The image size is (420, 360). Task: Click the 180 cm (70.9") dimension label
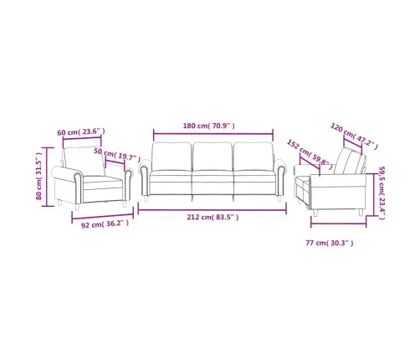(x=208, y=126)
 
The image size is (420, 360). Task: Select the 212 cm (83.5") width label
(x=213, y=217)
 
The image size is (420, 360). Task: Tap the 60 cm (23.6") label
(x=81, y=131)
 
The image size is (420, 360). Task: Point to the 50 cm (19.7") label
(x=117, y=155)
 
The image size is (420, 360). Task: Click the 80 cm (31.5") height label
(x=38, y=176)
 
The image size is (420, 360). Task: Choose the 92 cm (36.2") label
(x=105, y=224)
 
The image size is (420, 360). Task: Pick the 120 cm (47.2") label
(x=354, y=136)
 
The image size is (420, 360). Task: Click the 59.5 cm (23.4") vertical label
(x=382, y=193)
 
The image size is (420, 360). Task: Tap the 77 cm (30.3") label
(x=330, y=243)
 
